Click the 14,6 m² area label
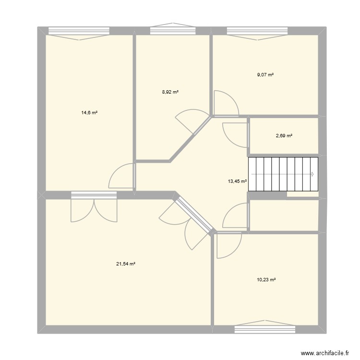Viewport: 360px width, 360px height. (x=89, y=113)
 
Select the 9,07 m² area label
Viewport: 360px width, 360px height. (x=265, y=74)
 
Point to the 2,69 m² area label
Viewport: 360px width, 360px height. (x=284, y=136)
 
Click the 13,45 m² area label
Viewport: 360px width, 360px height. (x=237, y=181)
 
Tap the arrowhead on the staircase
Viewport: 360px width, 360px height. (x=312, y=174)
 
